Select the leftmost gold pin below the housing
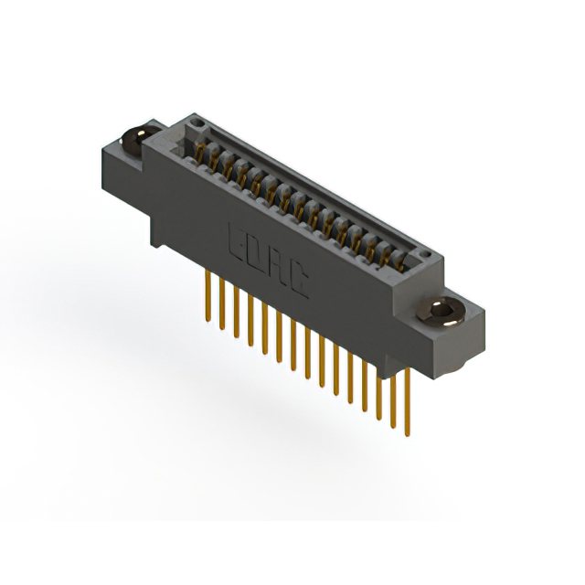coord(208,289)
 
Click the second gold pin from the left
coord(222,298)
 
